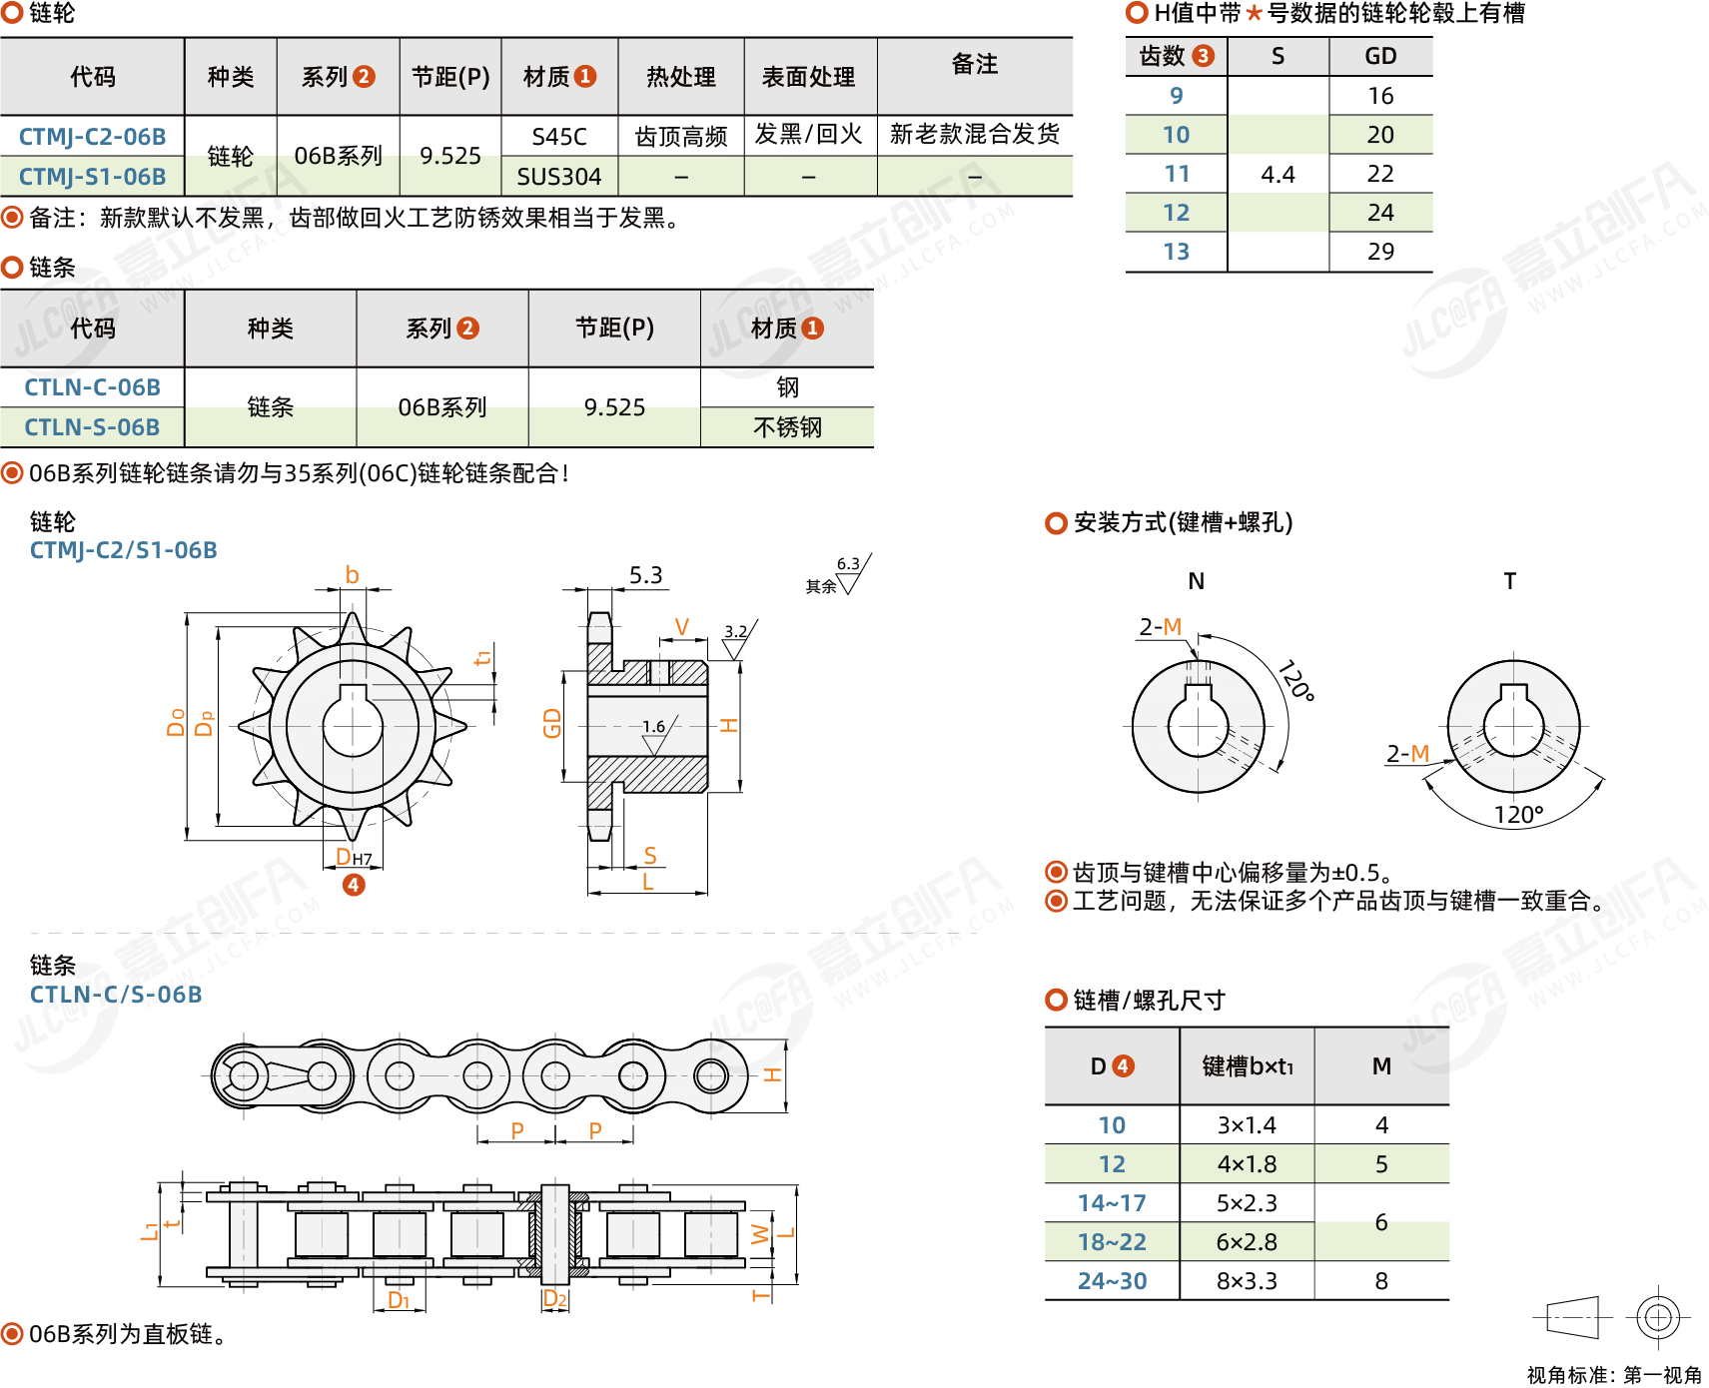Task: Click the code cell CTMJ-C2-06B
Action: click(92, 136)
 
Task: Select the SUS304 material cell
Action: click(559, 177)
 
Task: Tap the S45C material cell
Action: click(559, 136)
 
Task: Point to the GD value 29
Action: click(1380, 252)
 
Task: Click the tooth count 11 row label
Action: click(1177, 174)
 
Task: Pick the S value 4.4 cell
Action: click(1278, 175)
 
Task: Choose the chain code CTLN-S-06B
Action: click(92, 427)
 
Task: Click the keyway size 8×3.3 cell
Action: click(1247, 1281)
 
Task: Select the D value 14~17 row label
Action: click(1112, 1203)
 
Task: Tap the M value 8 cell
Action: click(1381, 1281)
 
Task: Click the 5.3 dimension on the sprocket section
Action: click(645, 575)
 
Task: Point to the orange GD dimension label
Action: click(552, 723)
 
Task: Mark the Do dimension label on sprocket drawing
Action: click(177, 722)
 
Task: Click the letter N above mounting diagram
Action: click(1197, 581)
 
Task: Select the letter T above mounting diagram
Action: click(1510, 581)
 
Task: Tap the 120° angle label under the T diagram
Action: click(1518, 815)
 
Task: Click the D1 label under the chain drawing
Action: click(399, 1300)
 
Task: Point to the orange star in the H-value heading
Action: click(1255, 14)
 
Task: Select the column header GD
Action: click(1380, 56)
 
